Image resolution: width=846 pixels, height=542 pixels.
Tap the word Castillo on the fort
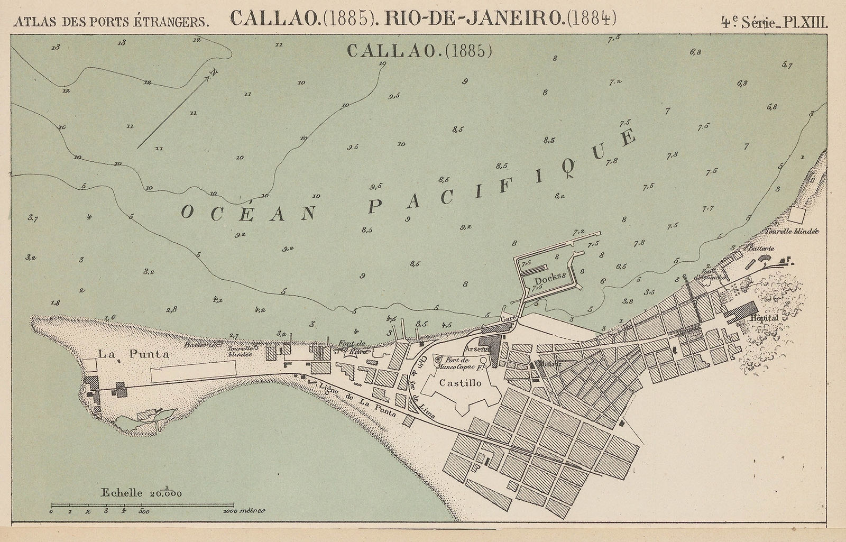pyautogui.click(x=461, y=383)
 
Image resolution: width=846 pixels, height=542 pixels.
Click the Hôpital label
pyautogui.click(x=764, y=319)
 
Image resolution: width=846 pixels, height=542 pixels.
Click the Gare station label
pyautogui.click(x=507, y=321)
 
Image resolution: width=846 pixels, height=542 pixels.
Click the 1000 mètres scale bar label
pyautogui.click(x=244, y=511)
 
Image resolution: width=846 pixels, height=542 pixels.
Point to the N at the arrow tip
pyautogui.click(x=214, y=72)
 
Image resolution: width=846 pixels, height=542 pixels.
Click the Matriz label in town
pyautogui.click(x=546, y=364)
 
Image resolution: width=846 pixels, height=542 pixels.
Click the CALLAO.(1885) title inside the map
pyautogui.click(x=420, y=51)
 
